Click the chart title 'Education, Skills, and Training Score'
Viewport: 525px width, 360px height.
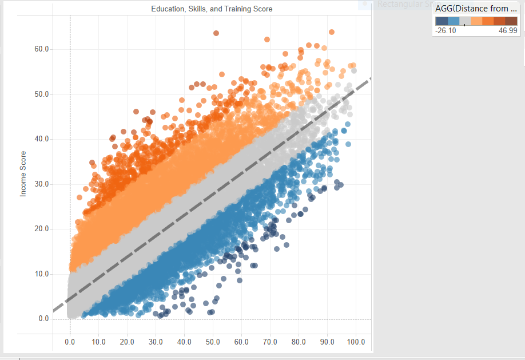[x=212, y=9]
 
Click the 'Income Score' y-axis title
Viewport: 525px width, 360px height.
[x=23, y=174]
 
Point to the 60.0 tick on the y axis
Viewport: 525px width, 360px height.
[x=41, y=49]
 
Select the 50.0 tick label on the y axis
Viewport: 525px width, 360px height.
[x=41, y=94]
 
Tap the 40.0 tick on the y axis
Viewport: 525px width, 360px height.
[x=41, y=139]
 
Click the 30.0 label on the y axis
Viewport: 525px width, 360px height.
[x=41, y=184]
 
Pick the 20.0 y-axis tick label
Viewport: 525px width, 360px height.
[x=41, y=229]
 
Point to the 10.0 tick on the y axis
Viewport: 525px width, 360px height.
[x=41, y=274]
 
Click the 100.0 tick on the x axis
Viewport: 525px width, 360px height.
[x=355, y=342]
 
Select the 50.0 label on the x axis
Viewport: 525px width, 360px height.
[x=213, y=342]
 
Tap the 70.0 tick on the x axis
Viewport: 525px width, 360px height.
[x=270, y=342]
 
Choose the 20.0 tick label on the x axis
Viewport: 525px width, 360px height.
[x=127, y=342]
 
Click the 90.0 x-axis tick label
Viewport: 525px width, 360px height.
[x=327, y=342]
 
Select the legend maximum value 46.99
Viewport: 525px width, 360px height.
[x=508, y=30]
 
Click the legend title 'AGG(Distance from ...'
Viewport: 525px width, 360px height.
[x=476, y=7]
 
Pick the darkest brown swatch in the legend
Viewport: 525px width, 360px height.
[x=511, y=21]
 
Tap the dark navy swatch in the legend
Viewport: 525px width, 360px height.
[x=442, y=21]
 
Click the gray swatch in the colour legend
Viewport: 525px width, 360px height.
[x=465, y=21]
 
